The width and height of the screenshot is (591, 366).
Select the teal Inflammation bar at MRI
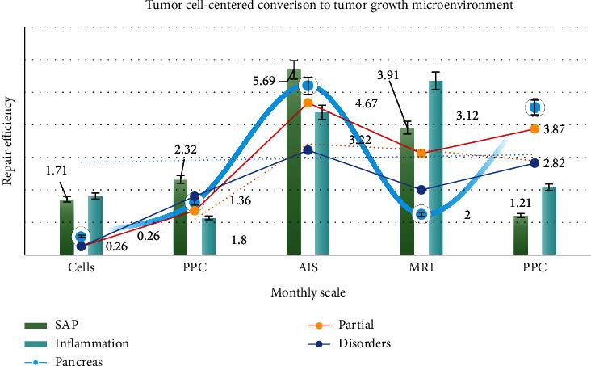pyautogui.click(x=436, y=170)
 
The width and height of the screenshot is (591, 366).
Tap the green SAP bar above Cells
pyautogui.click(x=66, y=226)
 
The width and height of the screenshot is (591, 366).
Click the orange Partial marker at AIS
pyautogui.click(x=308, y=103)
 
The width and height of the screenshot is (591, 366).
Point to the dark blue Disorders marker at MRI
pyautogui.click(x=421, y=190)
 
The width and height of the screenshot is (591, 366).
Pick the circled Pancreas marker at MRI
pyautogui.click(x=420, y=214)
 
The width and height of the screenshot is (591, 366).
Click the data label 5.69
pyautogui.click(x=264, y=81)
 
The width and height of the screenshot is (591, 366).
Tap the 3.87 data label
pyautogui.click(x=554, y=129)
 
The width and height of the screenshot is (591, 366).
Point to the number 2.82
pyautogui.click(x=554, y=163)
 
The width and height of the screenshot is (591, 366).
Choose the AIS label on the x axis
pyautogui.click(x=308, y=268)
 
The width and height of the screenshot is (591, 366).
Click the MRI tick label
pyautogui.click(x=421, y=268)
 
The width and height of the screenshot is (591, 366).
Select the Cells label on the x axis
pyautogui.click(x=81, y=268)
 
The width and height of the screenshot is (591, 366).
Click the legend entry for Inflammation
pyautogui.click(x=91, y=343)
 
